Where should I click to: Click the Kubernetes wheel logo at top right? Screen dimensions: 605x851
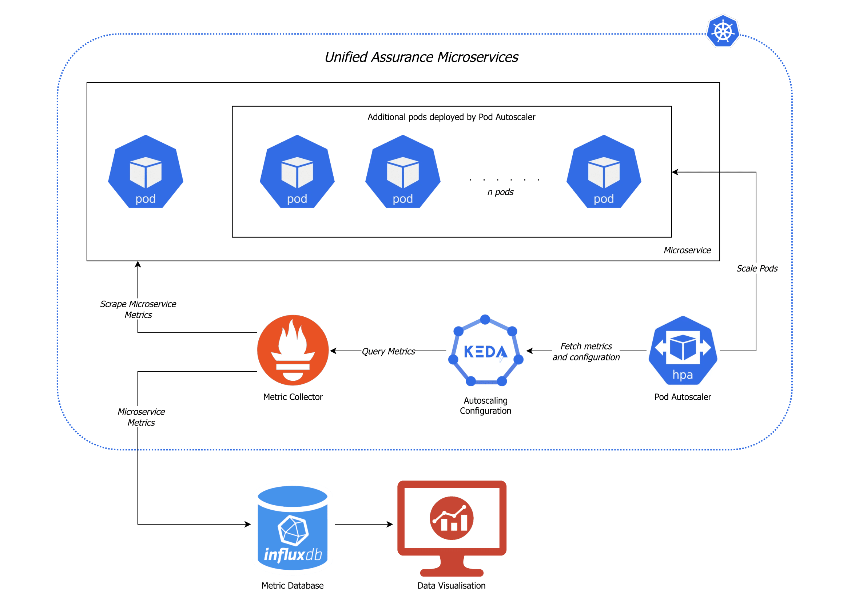pyautogui.click(x=723, y=31)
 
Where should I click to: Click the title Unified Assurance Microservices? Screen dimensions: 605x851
pyautogui.click(x=421, y=57)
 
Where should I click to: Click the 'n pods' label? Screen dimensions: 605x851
pyautogui.click(x=500, y=192)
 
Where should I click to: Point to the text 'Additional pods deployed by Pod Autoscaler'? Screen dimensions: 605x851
pyautogui.click(x=451, y=117)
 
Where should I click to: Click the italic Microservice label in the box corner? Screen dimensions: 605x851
pyautogui.click(x=687, y=250)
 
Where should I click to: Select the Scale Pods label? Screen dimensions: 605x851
pyautogui.click(x=756, y=268)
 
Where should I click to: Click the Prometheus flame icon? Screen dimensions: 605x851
pyautogui.click(x=293, y=350)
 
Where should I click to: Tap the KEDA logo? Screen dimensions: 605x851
pyautogui.click(x=485, y=351)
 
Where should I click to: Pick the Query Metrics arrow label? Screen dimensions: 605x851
pyautogui.click(x=388, y=351)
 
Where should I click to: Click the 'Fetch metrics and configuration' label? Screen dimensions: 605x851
pyautogui.click(x=586, y=351)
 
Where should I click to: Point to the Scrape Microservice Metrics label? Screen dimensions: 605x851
pyautogui.click(x=138, y=309)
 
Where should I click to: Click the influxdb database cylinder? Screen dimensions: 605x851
pyautogui.click(x=293, y=527)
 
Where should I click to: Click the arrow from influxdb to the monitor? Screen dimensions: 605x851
pyautogui.click(x=363, y=524)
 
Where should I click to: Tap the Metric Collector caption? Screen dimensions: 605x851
pyautogui.click(x=293, y=397)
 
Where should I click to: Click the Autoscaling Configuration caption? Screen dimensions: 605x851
pyautogui.click(x=485, y=405)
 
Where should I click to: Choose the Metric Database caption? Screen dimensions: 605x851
pyautogui.click(x=292, y=585)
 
